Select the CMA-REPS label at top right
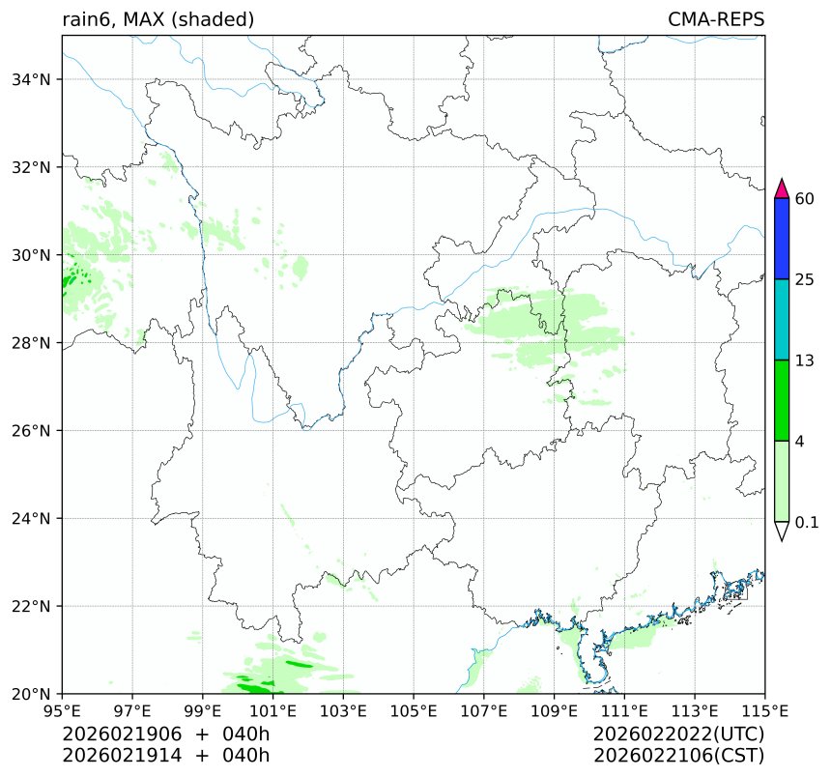(716, 19)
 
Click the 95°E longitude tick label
(63, 712)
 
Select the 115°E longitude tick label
(764, 712)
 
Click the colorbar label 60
(804, 199)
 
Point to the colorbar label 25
(804, 280)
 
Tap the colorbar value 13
(804, 360)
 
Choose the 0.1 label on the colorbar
(807, 522)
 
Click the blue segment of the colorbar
(783, 239)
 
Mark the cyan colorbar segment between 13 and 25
(783, 320)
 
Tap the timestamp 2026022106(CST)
(679, 755)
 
